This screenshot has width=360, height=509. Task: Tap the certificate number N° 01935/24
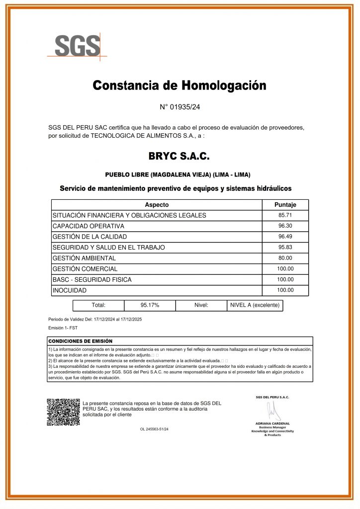(180, 107)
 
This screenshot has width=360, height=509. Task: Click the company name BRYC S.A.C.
(180, 157)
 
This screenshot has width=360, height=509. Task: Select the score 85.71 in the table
(285, 215)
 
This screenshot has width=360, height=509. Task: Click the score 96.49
(285, 237)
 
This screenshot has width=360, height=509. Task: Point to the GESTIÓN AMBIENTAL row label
(84, 258)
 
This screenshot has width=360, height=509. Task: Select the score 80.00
(285, 258)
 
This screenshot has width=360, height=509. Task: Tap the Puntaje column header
(285, 205)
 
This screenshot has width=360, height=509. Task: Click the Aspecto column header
(157, 205)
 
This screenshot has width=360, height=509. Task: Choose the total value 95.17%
(150, 305)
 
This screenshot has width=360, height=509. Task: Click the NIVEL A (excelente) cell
(255, 305)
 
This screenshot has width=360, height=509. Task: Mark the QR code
(63, 412)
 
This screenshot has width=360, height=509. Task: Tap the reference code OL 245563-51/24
(154, 428)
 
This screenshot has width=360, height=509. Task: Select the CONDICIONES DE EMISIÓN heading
(81, 341)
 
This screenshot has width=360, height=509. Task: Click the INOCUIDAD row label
(70, 290)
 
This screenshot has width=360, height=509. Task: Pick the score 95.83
(285, 247)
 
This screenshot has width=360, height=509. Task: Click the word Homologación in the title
(223, 85)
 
